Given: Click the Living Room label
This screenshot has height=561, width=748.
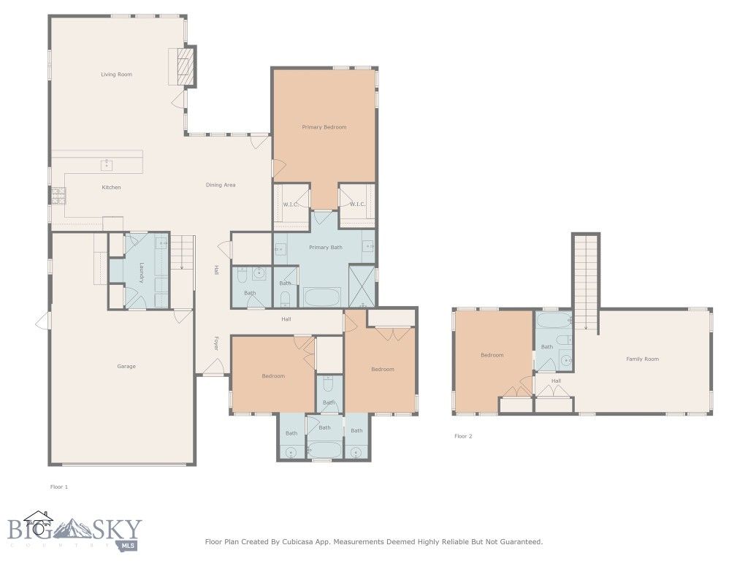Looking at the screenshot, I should tap(116, 75).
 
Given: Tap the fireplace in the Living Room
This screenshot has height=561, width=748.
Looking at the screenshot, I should tap(187, 66).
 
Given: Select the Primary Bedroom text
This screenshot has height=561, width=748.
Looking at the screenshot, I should tap(324, 127).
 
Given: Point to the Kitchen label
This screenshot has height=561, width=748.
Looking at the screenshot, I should tap(111, 188).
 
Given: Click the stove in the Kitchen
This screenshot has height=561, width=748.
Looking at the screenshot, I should tap(57, 195).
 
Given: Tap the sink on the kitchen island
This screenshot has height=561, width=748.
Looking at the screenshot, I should tap(107, 164).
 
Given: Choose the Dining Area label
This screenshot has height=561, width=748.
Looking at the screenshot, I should tap(220, 185).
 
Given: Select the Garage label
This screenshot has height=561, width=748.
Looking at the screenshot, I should tap(126, 366).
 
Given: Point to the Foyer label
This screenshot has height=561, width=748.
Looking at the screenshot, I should tap(216, 343).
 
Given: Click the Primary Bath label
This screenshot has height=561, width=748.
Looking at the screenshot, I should tap(326, 248).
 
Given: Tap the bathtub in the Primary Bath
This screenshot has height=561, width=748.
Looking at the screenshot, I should tap(321, 297).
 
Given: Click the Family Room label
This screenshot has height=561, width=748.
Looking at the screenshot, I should tap(642, 359).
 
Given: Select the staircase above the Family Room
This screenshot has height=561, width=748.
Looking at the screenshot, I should tap(585, 281).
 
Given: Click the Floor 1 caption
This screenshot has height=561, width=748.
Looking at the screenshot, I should tap(58, 486).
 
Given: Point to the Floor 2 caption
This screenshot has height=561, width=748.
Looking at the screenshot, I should tap(463, 436).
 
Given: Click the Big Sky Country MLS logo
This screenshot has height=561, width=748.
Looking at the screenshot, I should tap(73, 531).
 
